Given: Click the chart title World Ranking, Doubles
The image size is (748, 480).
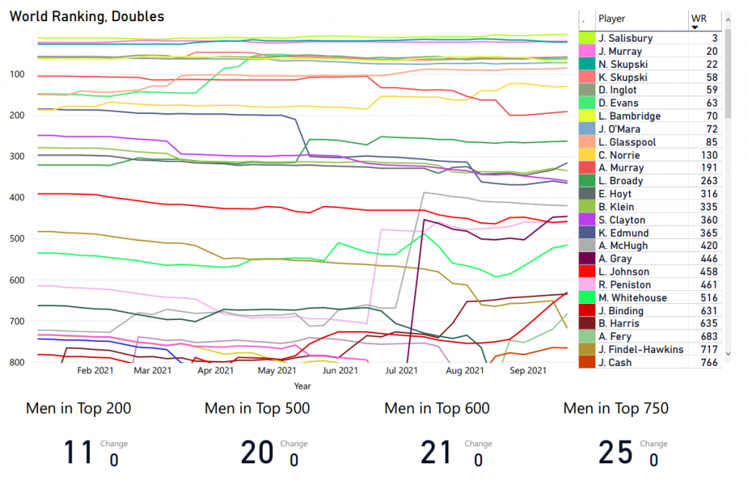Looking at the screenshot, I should click(87, 16).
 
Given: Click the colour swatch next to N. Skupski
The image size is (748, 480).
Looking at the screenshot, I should click(587, 64).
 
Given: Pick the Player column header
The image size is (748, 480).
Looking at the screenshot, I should click(612, 18).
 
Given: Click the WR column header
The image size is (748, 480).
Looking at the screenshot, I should click(698, 18).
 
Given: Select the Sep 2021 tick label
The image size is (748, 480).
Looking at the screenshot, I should click(528, 371).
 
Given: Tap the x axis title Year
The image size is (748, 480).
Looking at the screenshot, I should click(302, 385).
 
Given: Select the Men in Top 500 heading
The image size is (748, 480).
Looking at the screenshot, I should click(257, 408).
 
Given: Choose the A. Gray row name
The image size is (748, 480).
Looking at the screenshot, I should click(614, 259).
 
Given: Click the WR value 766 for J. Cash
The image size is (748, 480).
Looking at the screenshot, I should click(707, 362).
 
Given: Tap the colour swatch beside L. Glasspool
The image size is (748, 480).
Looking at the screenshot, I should click(587, 142).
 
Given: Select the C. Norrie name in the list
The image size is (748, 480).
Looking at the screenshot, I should click(619, 155).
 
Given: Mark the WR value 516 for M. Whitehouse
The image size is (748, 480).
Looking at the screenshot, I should click(707, 297).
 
